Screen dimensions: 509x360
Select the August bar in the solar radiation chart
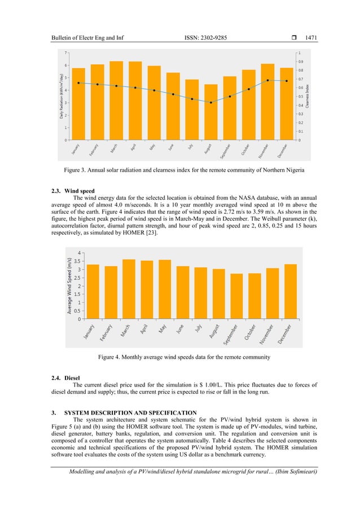(210, 112)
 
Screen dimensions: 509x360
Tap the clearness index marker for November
(267, 80)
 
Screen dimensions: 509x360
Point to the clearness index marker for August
(210, 102)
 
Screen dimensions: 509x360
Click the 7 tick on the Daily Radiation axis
(66, 52)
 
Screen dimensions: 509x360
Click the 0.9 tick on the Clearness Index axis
(300, 62)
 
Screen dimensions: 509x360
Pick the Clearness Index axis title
(309, 96)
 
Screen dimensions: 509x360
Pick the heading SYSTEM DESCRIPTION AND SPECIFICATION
(130, 413)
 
